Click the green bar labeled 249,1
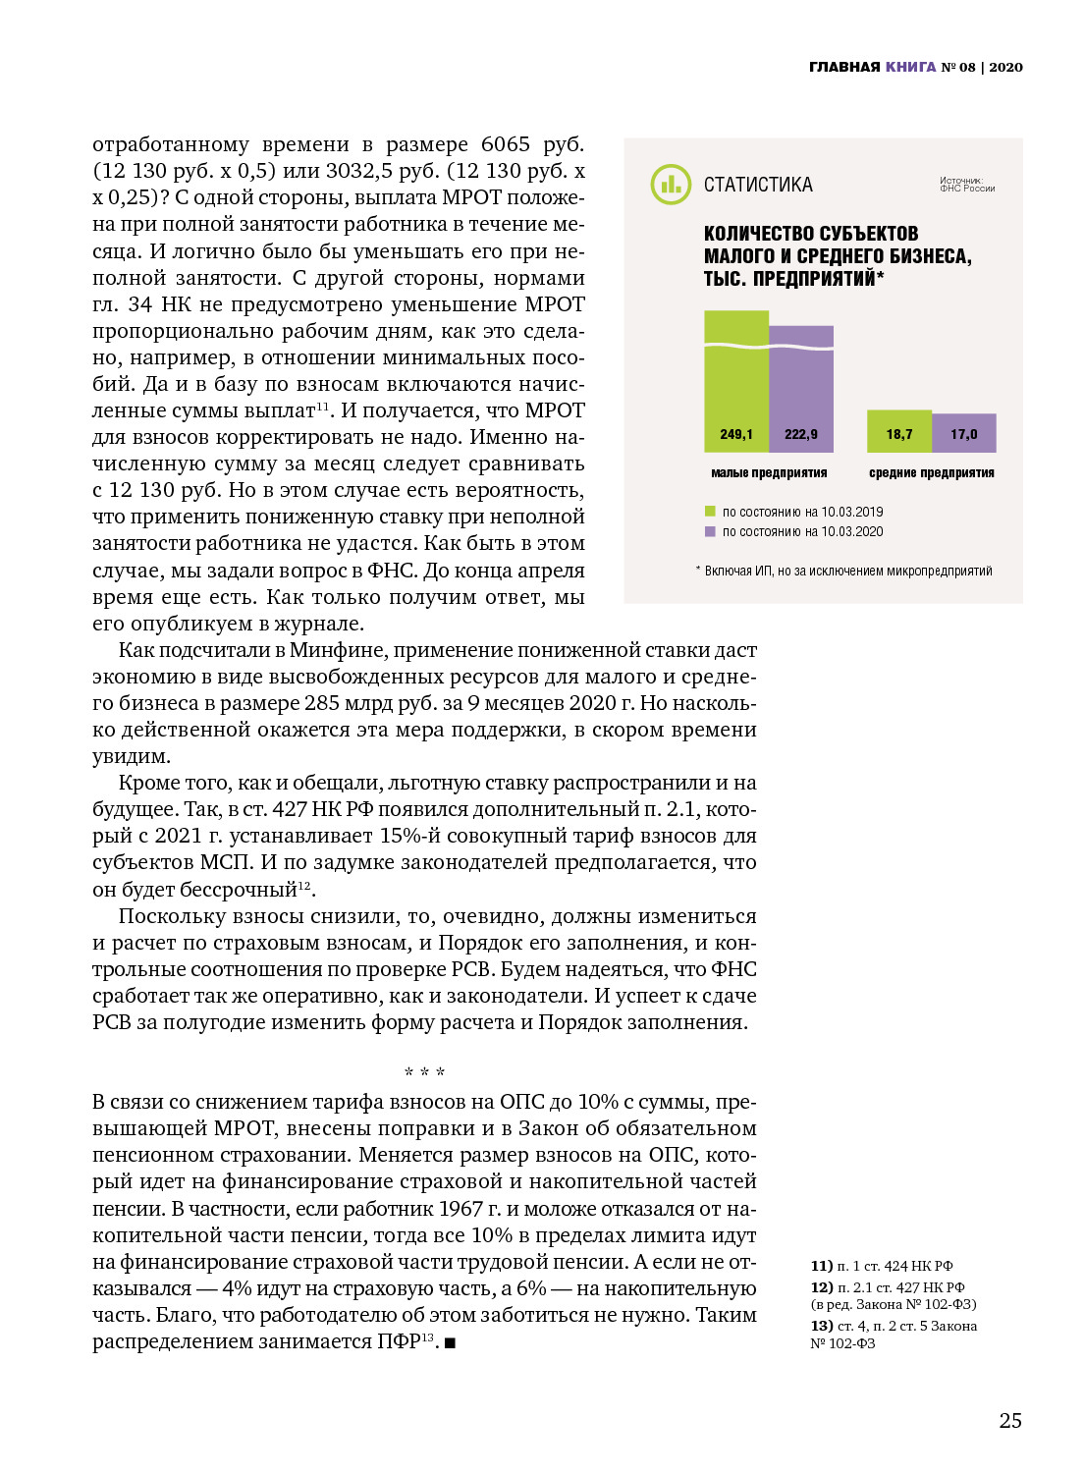point(736,383)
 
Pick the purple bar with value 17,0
point(963,433)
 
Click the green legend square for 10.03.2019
point(710,512)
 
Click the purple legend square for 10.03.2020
point(710,531)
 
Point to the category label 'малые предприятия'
point(769,473)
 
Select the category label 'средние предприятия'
point(931,473)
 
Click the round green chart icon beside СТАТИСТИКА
point(671,185)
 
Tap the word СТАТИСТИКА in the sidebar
point(758,185)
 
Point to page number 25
point(1010,1420)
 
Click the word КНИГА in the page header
point(910,67)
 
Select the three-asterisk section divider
point(424,1072)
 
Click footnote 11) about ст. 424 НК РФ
point(881,1266)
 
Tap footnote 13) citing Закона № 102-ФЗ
point(893,1335)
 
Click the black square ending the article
point(450,1342)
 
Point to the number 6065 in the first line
point(505,144)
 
